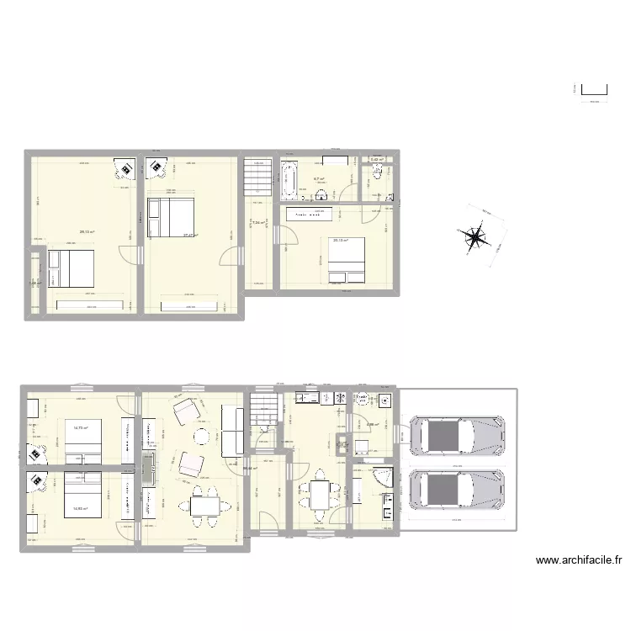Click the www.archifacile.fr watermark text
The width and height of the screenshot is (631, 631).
coord(578,559)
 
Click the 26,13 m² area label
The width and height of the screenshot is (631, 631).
coord(87,233)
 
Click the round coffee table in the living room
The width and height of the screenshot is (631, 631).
coord(202,436)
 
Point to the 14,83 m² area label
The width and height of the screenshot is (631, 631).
coord(81,508)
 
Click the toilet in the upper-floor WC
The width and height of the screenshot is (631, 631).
coord(378,172)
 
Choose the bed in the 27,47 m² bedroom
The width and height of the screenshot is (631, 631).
coord(172,217)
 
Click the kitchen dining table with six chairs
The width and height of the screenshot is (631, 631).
coord(320,495)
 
